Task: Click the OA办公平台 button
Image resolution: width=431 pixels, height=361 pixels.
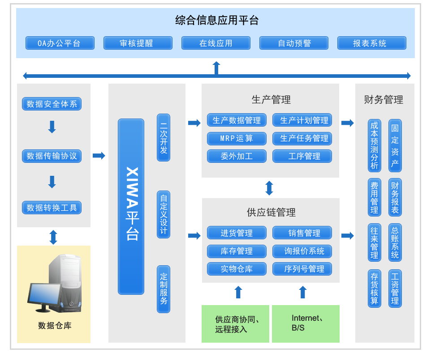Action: [60, 43]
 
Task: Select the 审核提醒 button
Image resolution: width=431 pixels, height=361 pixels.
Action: [138, 43]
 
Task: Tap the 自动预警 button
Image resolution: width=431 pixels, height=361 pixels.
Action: [294, 43]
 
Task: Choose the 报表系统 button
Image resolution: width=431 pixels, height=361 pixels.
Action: [372, 43]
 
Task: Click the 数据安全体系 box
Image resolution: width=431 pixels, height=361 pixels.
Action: [52, 104]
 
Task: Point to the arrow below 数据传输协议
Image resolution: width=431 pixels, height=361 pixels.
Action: [52, 182]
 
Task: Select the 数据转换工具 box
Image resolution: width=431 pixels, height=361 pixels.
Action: [52, 208]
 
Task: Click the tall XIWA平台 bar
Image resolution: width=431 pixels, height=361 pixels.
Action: [131, 206]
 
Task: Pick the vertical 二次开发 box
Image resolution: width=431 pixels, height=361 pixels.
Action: [164, 137]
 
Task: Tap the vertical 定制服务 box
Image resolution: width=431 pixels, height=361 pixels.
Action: [164, 289]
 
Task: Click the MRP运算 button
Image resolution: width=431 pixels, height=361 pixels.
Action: [237, 138]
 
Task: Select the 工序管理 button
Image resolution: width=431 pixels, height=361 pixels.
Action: [302, 156]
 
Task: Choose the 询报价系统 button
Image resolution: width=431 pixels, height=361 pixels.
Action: [302, 251]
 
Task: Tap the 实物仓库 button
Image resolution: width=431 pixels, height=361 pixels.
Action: [237, 269]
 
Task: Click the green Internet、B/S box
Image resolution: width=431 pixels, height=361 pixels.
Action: [306, 323]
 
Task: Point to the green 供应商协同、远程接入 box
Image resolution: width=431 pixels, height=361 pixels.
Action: [236, 323]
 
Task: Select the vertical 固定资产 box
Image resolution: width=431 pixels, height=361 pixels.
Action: [395, 145]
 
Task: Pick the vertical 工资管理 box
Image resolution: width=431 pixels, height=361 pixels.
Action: [395, 289]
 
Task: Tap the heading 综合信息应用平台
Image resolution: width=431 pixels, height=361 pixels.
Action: [217, 21]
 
